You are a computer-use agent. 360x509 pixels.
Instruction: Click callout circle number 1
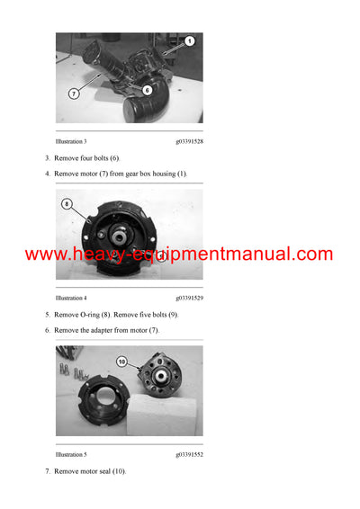click(x=190, y=41)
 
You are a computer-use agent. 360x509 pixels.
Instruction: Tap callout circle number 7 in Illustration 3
click(x=73, y=92)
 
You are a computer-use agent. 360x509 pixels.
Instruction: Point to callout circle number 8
click(x=67, y=204)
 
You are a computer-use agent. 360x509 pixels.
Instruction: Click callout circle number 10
click(x=123, y=362)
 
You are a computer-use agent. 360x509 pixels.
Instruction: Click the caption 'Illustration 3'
click(x=71, y=141)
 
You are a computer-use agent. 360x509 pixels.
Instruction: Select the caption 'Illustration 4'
click(x=71, y=297)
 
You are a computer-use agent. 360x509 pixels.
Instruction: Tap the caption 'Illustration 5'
click(x=71, y=455)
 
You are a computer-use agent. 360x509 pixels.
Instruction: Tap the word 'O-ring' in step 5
click(x=88, y=315)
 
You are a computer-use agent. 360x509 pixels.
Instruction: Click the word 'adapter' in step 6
click(x=107, y=330)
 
